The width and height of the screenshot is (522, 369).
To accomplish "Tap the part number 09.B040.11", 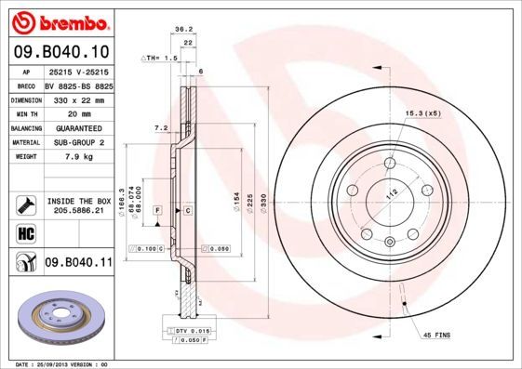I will point(78,263).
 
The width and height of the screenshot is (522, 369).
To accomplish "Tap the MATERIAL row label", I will point(25,142).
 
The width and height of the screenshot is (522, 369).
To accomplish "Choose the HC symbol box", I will point(25,232).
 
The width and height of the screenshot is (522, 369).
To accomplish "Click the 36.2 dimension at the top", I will point(183,30).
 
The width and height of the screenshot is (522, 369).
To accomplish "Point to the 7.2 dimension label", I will point(159,127).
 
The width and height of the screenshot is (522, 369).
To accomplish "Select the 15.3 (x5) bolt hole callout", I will point(421,112).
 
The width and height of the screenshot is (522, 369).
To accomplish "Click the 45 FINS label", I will point(438,334).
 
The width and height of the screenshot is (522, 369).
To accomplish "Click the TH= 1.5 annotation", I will point(159,58).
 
